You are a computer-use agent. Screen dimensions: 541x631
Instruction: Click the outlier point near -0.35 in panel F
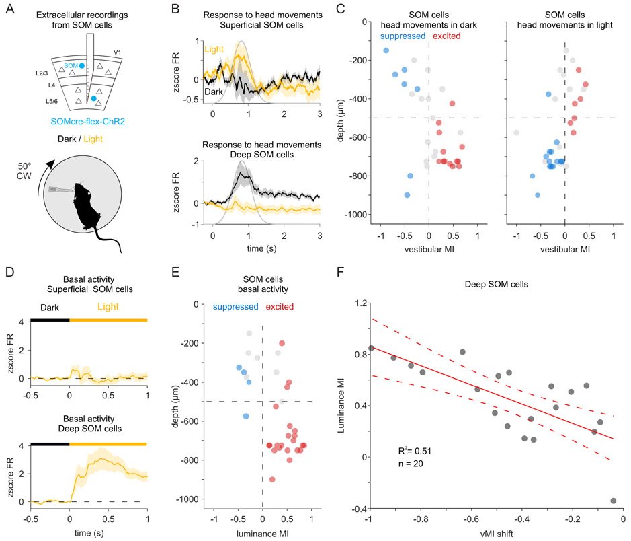pos(613,501)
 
